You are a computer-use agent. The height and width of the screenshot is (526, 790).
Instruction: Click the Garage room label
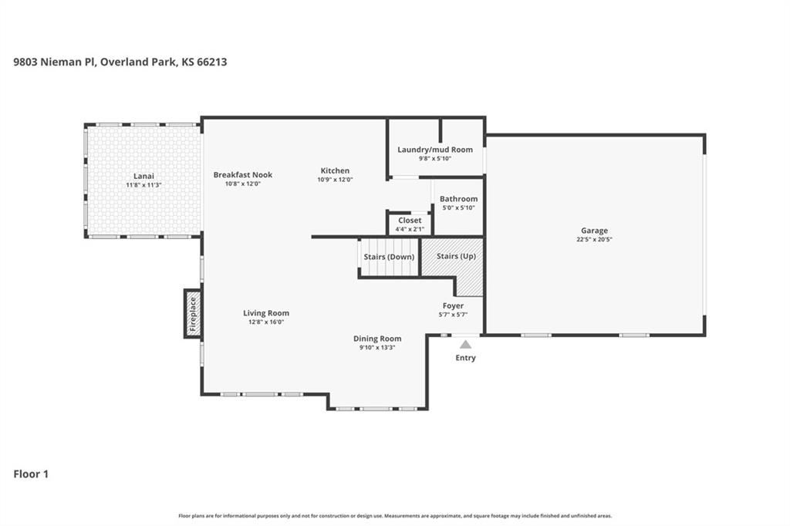(x=594, y=231)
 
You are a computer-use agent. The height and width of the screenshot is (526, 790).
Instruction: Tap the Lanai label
(x=143, y=176)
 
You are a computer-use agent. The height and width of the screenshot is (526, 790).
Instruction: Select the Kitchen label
(x=335, y=170)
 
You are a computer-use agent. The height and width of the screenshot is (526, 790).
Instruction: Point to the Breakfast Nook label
(x=243, y=175)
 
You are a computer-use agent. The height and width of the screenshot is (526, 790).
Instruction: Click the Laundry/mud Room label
(x=435, y=150)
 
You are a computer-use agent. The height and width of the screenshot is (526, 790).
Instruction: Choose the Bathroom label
(x=458, y=199)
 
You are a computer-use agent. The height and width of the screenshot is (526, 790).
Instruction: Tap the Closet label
(x=410, y=221)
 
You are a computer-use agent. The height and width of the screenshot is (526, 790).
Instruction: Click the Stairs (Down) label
(x=389, y=257)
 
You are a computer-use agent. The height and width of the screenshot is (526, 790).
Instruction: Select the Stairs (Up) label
(x=456, y=257)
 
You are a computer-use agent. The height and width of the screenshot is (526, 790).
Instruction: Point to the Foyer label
(x=453, y=306)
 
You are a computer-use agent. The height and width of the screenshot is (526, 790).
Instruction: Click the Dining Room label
(x=377, y=339)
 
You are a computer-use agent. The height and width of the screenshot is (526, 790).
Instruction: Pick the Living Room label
(x=266, y=313)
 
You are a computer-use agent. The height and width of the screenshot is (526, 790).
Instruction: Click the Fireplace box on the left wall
(x=192, y=314)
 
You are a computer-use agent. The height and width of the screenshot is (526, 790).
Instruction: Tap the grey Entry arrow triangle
(x=465, y=345)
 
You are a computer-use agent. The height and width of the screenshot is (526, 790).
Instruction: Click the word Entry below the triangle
(x=465, y=358)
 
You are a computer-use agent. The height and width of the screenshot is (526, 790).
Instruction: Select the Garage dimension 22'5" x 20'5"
(x=594, y=240)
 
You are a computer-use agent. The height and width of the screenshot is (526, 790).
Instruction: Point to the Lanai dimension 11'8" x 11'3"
(x=143, y=185)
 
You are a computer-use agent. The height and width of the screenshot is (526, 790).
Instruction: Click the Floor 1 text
(x=31, y=474)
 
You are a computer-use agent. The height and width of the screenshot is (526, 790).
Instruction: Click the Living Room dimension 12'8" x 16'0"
(x=266, y=322)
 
